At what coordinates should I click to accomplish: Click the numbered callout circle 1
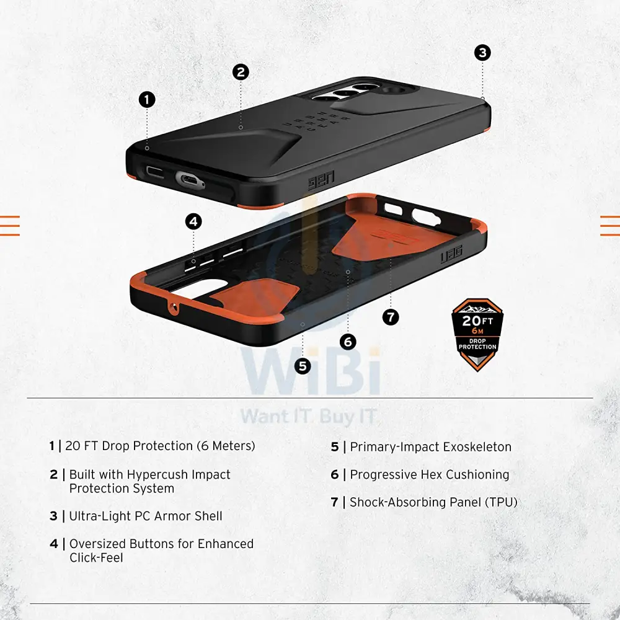147,100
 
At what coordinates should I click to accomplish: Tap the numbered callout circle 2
241,73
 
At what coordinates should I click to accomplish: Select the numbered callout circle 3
482,53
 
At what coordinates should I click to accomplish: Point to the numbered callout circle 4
193,221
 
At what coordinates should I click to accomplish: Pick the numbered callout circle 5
303,366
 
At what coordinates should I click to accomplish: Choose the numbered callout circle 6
348,342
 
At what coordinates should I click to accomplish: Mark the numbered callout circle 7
391,317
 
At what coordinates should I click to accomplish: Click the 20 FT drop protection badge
477,335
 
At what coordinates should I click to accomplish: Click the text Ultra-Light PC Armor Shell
146,516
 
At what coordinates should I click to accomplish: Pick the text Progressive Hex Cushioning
430,474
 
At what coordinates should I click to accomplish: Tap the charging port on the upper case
189,180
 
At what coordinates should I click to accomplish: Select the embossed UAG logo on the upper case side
321,180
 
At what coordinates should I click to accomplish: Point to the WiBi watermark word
311,373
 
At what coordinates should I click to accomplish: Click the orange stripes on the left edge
9,226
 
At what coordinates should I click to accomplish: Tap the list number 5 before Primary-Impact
335,447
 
